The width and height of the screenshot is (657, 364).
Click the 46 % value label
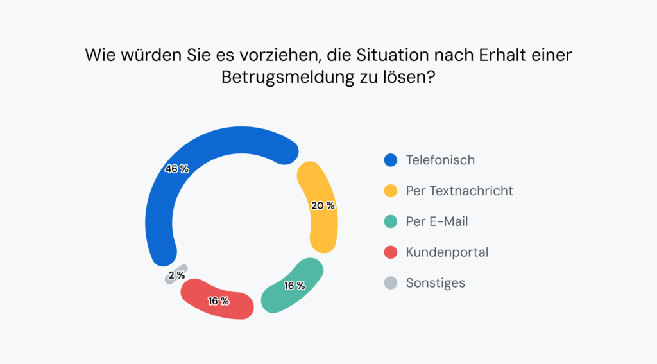point(177,169)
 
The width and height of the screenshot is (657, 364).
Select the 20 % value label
point(323,206)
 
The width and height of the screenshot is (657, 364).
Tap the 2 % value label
point(176,275)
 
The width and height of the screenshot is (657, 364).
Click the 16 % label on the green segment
point(294,286)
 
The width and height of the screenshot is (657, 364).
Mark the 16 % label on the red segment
point(218,300)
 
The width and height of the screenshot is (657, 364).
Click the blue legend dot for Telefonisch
point(390,160)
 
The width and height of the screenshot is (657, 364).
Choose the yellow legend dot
point(390,191)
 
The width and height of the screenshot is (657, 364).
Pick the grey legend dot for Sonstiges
point(390,283)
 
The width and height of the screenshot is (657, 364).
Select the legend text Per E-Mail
point(437,221)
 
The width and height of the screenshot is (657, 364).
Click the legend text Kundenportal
point(447,252)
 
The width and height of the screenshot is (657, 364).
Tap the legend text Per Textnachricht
point(459,191)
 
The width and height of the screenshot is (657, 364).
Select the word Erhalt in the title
point(499,55)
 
